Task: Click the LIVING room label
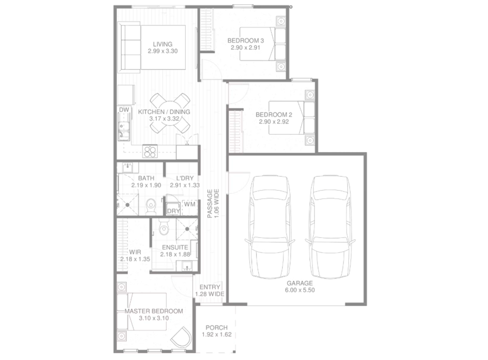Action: (x=162, y=44)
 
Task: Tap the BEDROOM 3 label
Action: (x=246, y=40)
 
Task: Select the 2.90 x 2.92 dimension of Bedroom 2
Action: (x=274, y=122)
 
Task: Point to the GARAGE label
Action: (x=300, y=283)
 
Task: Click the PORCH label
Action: (x=217, y=327)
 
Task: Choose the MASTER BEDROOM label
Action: (x=154, y=311)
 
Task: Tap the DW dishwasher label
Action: (x=124, y=110)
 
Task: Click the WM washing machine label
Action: (x=189, y=204)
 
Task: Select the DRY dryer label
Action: (x=173, y=211)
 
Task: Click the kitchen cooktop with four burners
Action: (x=150, y=152)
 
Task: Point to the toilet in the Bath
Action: (x=151, y=206)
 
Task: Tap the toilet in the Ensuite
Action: (x=164, y=227)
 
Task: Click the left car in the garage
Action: (x=270, y=227)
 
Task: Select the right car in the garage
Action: (x=330, y=227)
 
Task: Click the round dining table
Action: (x=170, y=113)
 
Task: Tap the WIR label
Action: (x=135, y=252)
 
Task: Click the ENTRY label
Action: (x=210, y=287)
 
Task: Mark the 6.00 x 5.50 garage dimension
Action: (x=300, y=290)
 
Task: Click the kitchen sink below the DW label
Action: (x=124, y=131)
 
